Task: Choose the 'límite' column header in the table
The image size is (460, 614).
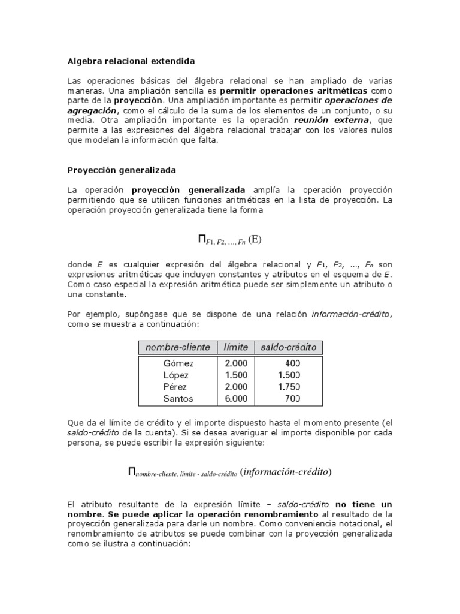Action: click(x=236, y=347)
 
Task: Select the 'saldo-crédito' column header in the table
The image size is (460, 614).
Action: click(x=289, y=347)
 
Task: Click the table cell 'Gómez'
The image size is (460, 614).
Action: click(x=178, y=363)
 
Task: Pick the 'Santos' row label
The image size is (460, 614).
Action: click(x=178, y=398)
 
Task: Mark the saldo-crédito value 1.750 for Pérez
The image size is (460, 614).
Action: click(x=289, y=387)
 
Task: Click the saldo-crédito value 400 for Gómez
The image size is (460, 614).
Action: click(x=293, y=363)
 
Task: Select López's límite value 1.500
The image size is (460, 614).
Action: click(x=236, y=375)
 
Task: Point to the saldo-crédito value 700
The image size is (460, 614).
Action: click(x=293, y=398)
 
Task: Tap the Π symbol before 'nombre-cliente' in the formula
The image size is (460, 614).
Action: click(x=132, y=471)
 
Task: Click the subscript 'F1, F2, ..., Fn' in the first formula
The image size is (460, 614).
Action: click(x=225, y=243)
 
